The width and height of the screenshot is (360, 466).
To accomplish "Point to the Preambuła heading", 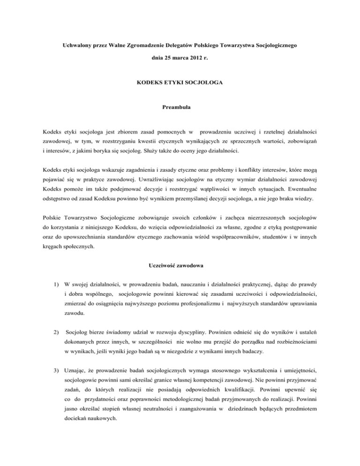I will [x=180, y=113].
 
